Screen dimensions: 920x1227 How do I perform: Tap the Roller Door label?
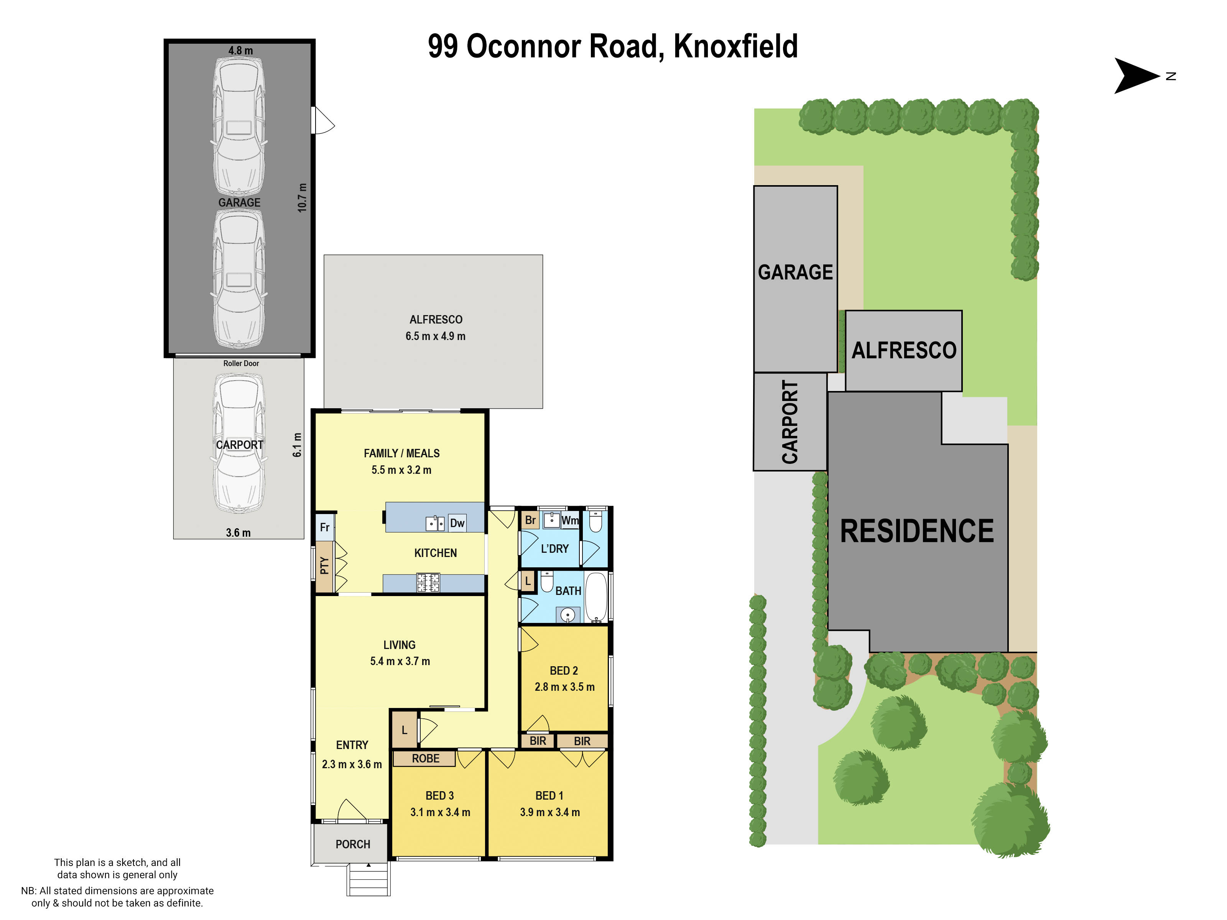pos(241,363)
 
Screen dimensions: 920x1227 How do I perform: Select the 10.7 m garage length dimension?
pos(302,197)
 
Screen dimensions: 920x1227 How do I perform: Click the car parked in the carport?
pos(239,444)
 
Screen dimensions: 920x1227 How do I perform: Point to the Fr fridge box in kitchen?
pos(324,527)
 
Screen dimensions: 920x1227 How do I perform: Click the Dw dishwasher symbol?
pos(457,523)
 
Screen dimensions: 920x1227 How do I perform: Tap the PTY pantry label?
pos(324,566)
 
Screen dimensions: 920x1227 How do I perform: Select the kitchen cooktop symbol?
pos(428,582)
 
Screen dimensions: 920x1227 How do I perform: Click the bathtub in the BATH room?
pos(597,597)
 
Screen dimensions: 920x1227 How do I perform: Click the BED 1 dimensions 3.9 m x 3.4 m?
pos(550,812)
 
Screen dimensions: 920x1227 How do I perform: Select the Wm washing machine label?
pos(570,520)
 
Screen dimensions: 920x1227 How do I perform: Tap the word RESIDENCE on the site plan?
pos(916,531)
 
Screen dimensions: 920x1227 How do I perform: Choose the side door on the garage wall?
pos(323,120)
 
